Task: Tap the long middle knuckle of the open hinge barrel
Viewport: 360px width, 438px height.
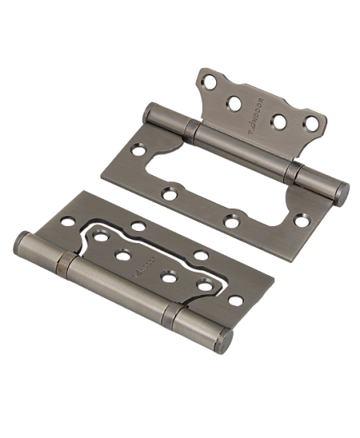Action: (245, 156)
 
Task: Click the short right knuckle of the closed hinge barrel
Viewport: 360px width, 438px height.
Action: (200, 325)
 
